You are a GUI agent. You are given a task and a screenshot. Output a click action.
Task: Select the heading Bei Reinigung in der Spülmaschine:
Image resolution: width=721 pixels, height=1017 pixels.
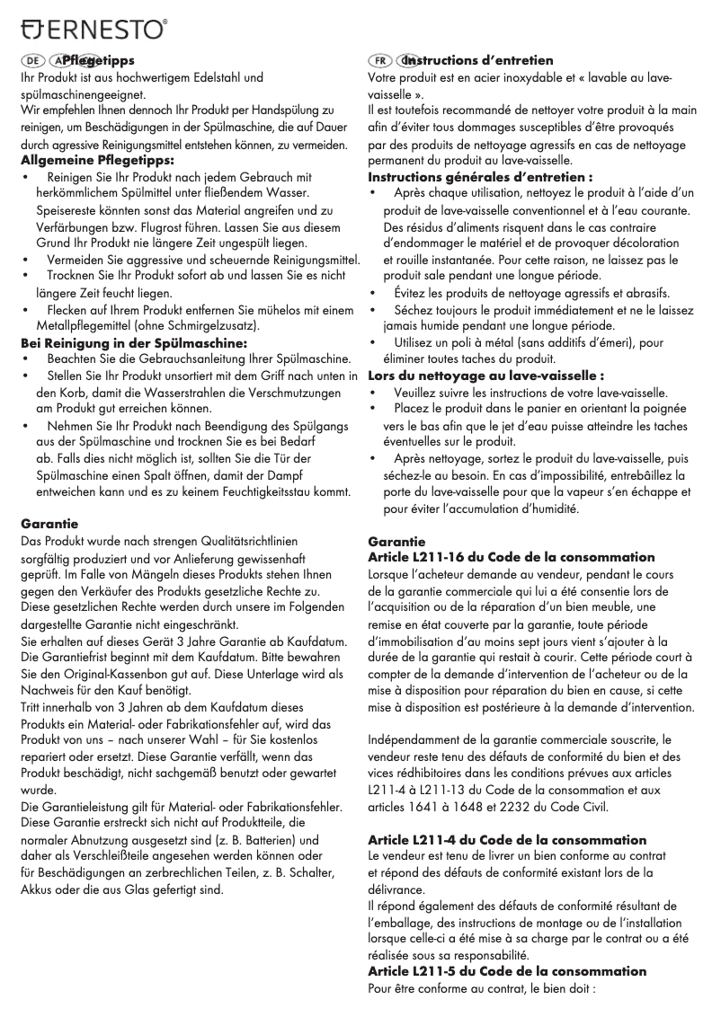[x=133, y=342]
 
